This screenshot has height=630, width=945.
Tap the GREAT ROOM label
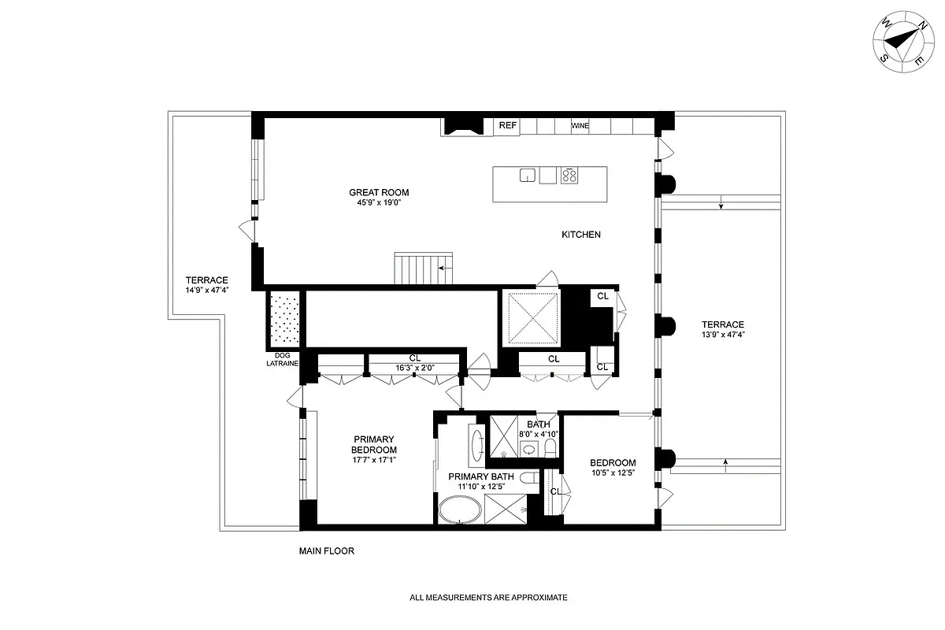[x=379, y=192]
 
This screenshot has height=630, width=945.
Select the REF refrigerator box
[x=507, y=125]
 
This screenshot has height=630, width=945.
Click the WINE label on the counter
[x=580, y=126]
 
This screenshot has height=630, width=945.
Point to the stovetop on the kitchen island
[x=569, y=176]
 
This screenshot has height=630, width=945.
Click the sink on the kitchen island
[x=528, y=175]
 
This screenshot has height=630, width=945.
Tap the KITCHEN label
[x=581, y=235]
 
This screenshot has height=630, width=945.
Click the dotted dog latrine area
[x=283, y=318]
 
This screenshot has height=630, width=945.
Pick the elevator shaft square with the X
[x=532, y=318]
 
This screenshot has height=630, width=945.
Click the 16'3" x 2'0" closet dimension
[x=414, y=368]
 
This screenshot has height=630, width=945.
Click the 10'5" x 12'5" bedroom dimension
[x=613, y=473]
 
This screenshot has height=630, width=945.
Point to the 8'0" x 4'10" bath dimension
[x=539, y=434]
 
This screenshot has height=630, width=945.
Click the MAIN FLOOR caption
[x=326, y=551]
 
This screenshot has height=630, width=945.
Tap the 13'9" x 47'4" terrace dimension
[x=723, y=334]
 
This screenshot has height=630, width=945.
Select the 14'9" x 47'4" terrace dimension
[x=206, y=289]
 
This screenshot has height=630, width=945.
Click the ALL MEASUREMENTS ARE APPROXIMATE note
[x=488, y=598]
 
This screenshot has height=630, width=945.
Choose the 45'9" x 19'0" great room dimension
[x=379, y=202]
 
